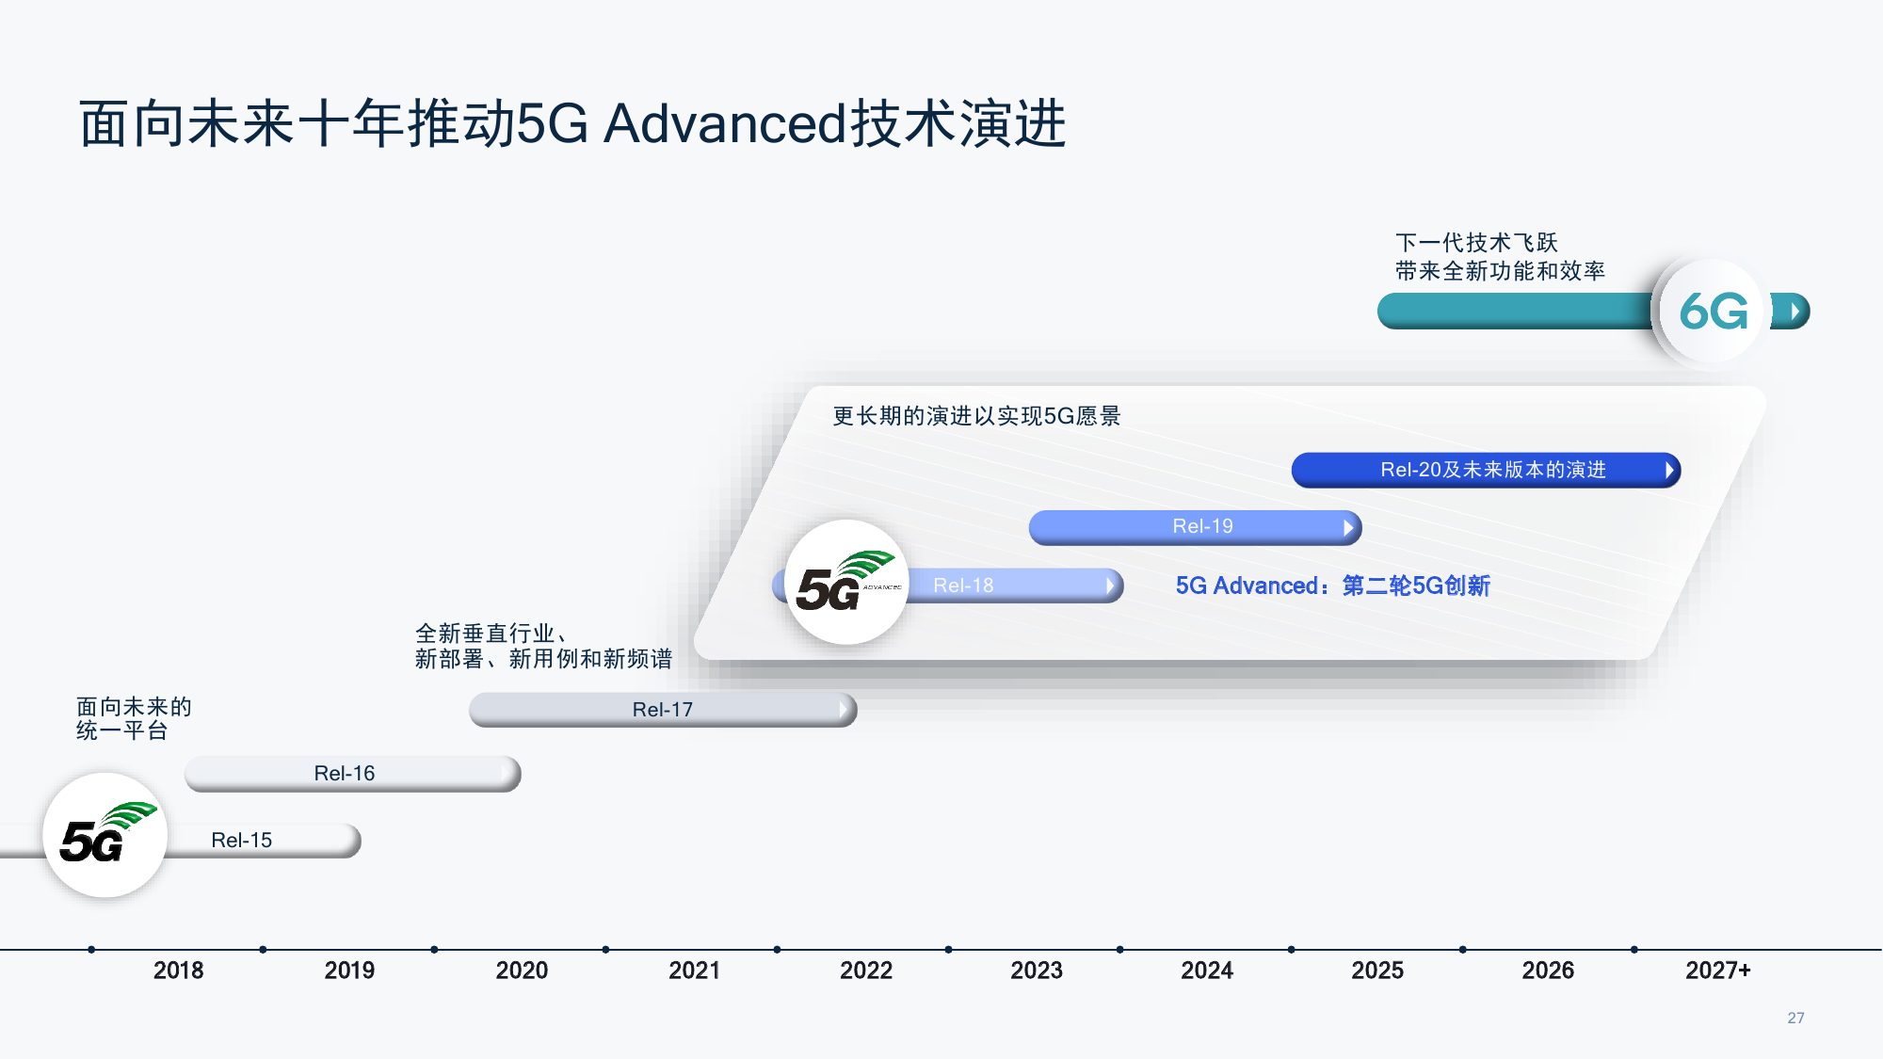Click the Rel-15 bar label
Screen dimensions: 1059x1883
pyautogui.click(x=242, y=840)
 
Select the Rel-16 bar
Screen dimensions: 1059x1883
pyautogui.click(x=352, y=773)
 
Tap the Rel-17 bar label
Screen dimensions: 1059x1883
pyautogui.click(x=662, y=710)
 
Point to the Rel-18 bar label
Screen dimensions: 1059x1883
pyautogui.click(x=963, y=586)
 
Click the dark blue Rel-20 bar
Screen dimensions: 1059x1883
pyautogui.click(x=1485, y=470)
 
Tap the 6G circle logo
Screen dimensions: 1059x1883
pyautogui.click(x=1713, y=312)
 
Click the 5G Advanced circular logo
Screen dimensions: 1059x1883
pyautogui.click(x=846, y=583)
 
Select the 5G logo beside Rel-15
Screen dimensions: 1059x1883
pyautogui.click(x=105, y=835)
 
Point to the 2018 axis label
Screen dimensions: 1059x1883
pyautogui.click(x=178, y=971)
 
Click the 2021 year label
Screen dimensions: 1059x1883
pyautogui.click(x=694, y=971)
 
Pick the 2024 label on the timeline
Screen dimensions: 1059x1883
pyautogui.click(x=1207, y=971)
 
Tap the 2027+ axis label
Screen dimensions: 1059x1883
pyautogui.click(x=1717, y=971)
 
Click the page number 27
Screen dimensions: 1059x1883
pyautogui.click(x=1795, y=1018)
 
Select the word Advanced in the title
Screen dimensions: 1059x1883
pyautogui.click(x=725, y=123)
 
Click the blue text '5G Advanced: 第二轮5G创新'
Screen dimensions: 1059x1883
pyautogui.click(x=1332, y=586)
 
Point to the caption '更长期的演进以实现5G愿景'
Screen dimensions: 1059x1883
pyautogui.click(x=976, y=416)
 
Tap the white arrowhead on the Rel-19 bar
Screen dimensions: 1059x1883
pyautogui.click(x=1348, y=527)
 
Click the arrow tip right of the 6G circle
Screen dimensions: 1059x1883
pyautogui.click(x=1795, y=311)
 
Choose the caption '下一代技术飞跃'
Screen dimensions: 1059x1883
pyautogui.click(x=1476, y=243)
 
